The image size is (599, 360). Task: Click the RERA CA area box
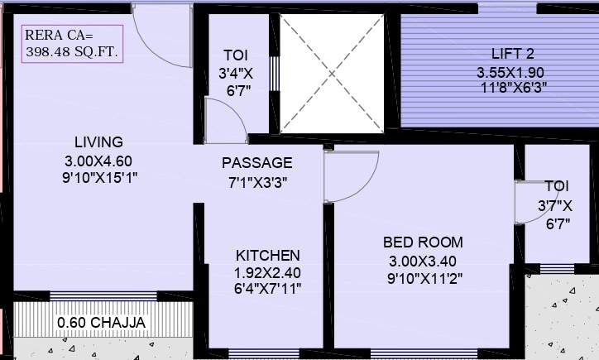[73, 44]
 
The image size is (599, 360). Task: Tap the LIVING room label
[98, 142]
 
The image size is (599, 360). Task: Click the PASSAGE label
[256, 162]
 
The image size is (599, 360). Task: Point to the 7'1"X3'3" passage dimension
[256, 180]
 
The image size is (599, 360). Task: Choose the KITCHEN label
[267, 255]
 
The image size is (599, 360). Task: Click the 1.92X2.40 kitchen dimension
[267, 271]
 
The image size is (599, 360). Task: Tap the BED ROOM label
[423, 242]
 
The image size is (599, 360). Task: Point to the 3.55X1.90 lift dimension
[511, 72]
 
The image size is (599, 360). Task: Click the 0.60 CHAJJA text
[101, 322]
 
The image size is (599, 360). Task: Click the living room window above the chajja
[103, 295]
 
